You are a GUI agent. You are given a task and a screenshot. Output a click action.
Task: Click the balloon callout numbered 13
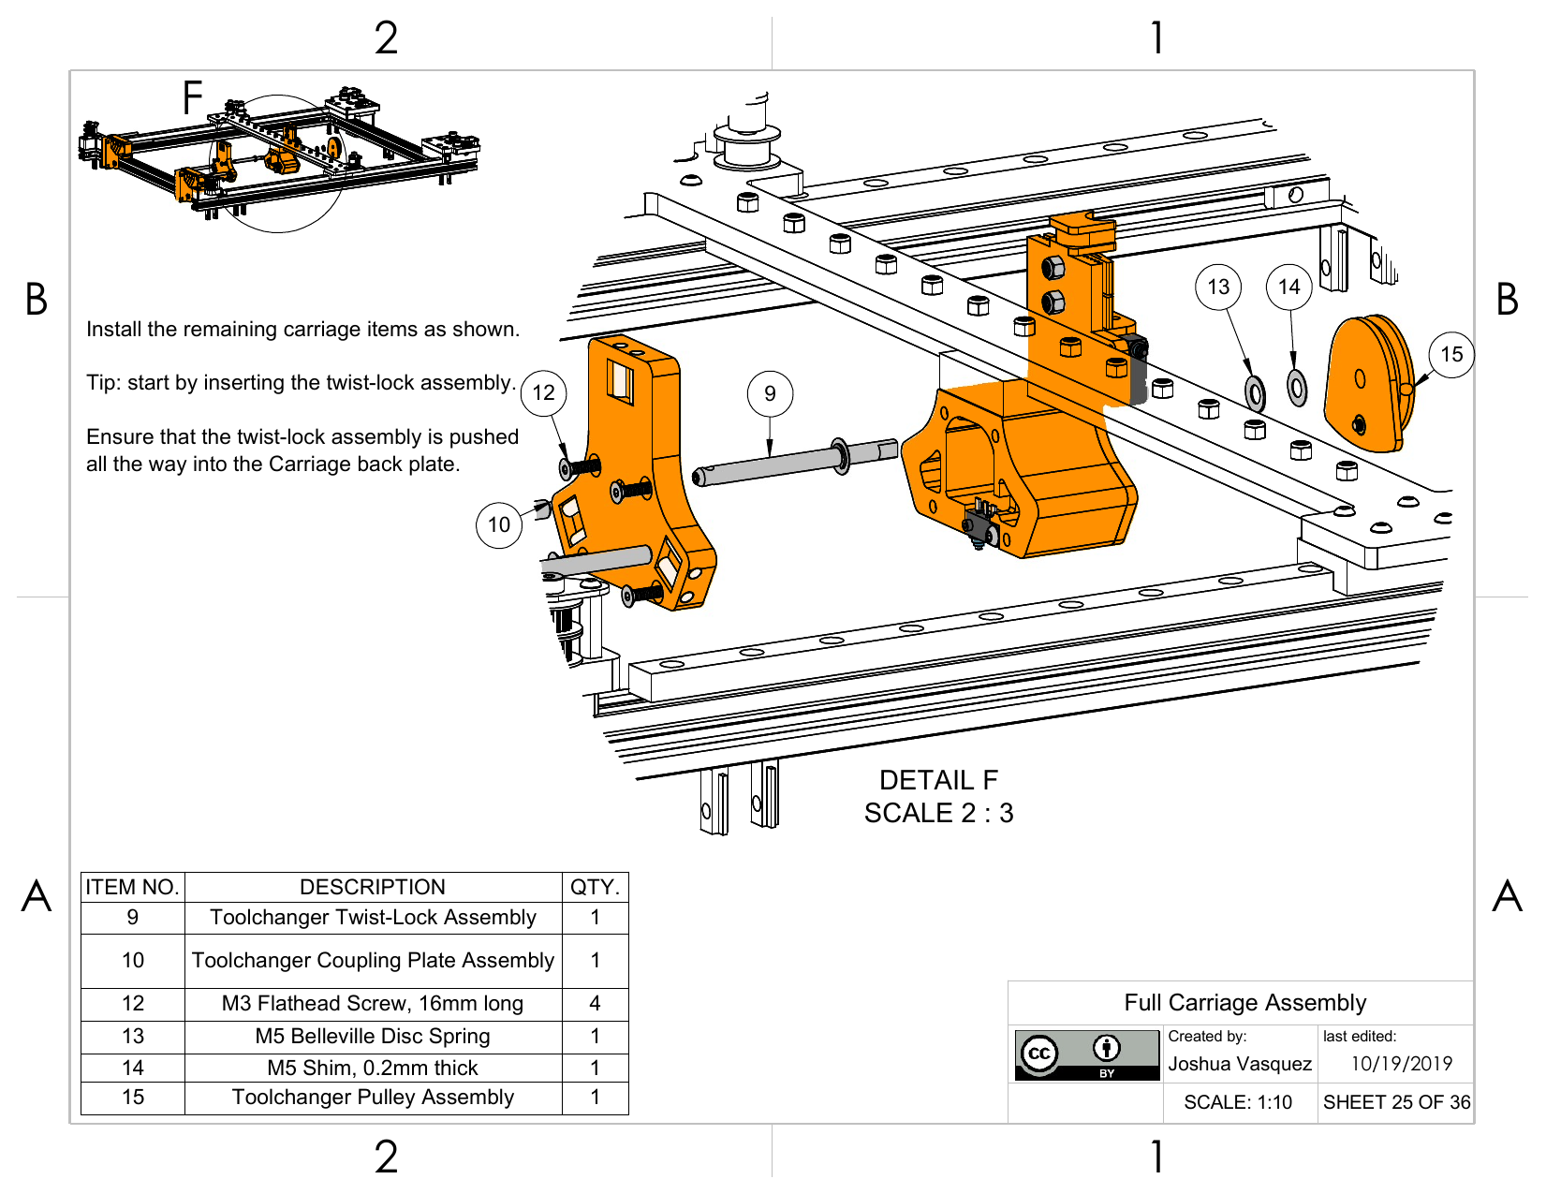click(x=1218, y=287)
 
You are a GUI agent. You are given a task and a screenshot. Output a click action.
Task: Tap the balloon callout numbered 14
click(x=1289, y=287)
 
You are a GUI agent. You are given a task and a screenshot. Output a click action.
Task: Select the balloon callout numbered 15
click(x=1451, y=354)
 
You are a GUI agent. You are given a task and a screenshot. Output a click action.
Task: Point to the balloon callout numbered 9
click(x=770, y=393)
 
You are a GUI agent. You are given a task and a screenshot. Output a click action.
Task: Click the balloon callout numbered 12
click(x=544, y=392)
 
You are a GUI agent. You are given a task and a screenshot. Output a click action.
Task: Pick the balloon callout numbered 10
click(x=499, y=524)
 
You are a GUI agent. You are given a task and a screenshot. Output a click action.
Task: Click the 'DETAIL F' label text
click(x=938, y=780)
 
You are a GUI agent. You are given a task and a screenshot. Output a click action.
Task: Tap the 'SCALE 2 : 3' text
click(x=938, y=813)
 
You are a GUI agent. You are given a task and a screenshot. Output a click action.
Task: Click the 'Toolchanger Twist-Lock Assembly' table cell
click(x=373, y=918)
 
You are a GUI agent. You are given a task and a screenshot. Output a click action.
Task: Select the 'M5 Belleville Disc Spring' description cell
click(x=373, y=1036)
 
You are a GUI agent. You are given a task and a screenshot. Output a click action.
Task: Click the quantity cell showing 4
click(x=595, y=1003)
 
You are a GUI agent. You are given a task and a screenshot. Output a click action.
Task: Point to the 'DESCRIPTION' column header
click(x=373, y=887)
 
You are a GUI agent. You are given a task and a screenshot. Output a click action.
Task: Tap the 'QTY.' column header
click(x=595, y=887)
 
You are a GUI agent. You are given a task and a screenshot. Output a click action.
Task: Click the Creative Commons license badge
click(x=1087, y=1054)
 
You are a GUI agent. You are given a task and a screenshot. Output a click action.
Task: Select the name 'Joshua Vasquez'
click(x=1240, y=1064)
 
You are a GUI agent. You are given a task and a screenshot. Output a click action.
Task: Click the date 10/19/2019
click(x=1401, y=1064)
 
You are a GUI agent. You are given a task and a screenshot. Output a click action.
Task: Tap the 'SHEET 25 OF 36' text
click(x=1396, y=1102)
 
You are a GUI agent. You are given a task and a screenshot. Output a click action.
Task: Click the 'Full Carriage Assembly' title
click(x=1244, y=1003)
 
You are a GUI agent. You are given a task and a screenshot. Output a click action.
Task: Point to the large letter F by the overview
click(x=193, y=97)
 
